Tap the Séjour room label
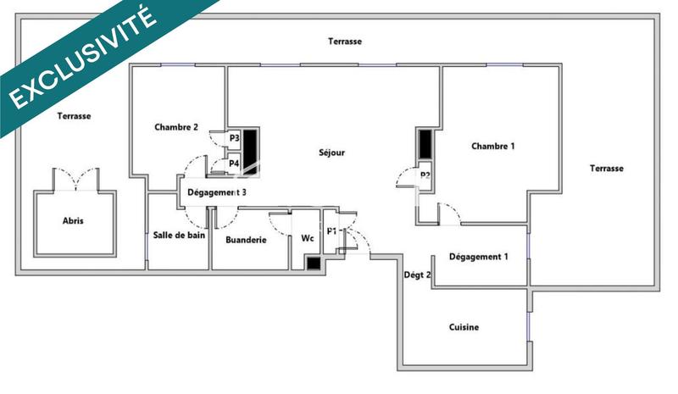coord(332,153)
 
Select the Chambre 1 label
coord(493,146)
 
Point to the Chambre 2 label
coord(176,128)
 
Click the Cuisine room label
coord(464,327)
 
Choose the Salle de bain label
coord(179,236)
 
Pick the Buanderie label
coord(247,240)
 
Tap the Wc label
coord(308,240)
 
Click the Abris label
coord(74,221)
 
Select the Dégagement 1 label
coord(479,257)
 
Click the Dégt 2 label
coord(417,275)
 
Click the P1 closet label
coord(332,230)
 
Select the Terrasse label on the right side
coord(606,168)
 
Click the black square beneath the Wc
coord(314,263)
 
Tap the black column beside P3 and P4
coord(252,151)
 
